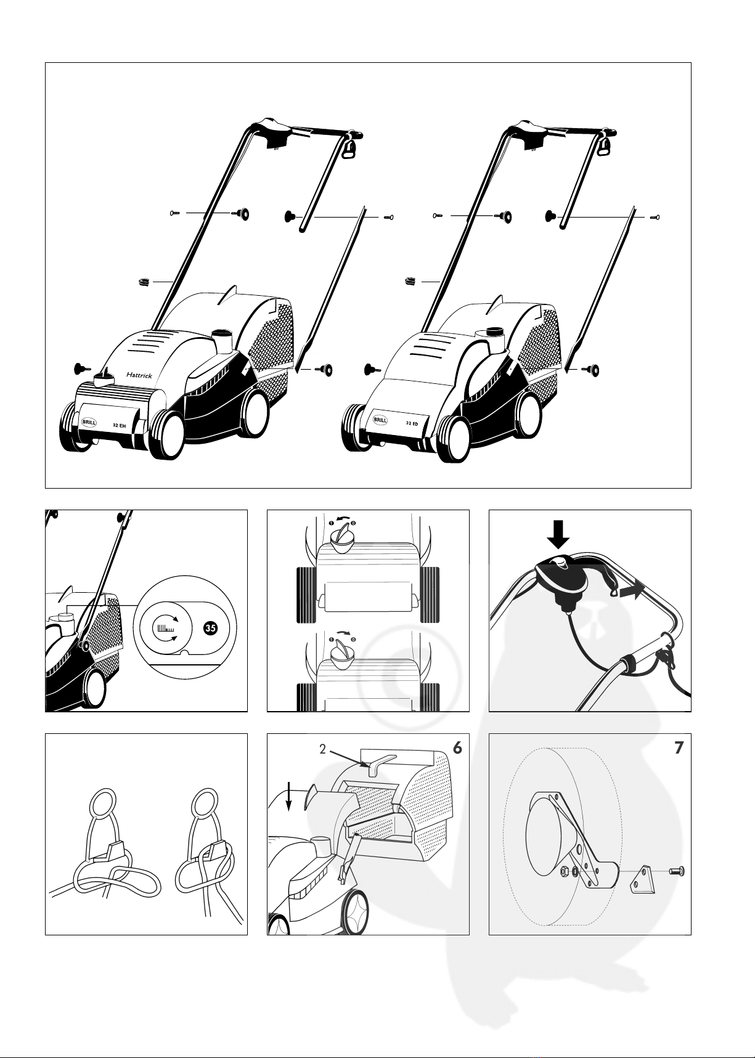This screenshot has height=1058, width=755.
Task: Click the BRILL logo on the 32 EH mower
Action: coord(89,423)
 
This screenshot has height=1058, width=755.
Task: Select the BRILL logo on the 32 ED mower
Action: coord(380,420)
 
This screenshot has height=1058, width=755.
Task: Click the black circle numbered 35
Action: coord(210,629)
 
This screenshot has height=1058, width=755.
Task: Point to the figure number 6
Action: coord(457,747)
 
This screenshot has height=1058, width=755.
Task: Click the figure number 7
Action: coord(679,747)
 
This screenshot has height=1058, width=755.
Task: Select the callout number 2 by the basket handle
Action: coord(322,750)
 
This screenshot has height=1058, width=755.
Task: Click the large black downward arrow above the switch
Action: coord(559,534)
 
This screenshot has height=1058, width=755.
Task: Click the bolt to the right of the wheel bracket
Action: coord(677,872)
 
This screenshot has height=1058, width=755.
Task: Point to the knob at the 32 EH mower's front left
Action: coord(80,368)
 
